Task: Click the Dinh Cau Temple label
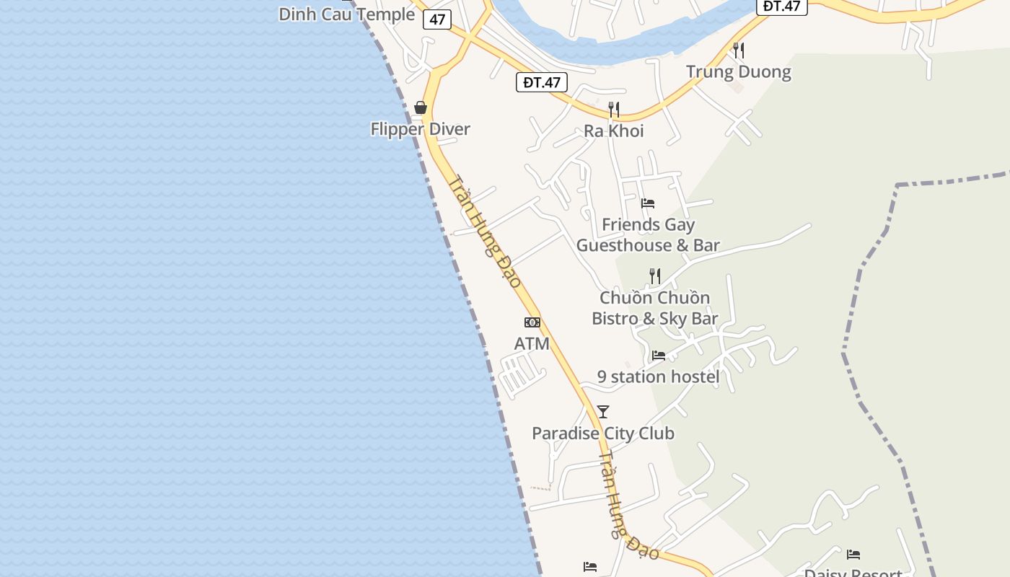click(346, 14)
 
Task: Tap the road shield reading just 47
click(437, 19)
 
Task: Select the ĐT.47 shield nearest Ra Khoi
click(542, 82)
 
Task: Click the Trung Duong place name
click(738, 71)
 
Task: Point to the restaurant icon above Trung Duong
click(738, 50)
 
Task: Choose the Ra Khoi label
click(613, 131)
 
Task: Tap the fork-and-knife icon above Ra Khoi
click(613, 110)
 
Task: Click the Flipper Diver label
click(420, 129)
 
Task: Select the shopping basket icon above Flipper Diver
click(421, 108)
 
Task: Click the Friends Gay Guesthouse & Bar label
click(648, 235)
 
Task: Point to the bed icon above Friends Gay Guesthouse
click(648, 203)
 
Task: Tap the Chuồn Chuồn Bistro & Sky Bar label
click(654, 308)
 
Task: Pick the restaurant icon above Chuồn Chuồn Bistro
click(654, 276)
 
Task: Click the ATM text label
click(532, 344)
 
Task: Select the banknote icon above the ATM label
click(532, 322)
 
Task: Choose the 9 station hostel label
click(658, 376)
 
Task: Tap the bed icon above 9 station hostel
click(658, 356)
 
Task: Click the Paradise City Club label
click(603, 433)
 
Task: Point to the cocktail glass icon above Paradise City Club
click(603, 412)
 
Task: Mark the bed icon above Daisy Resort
click(853, 555)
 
